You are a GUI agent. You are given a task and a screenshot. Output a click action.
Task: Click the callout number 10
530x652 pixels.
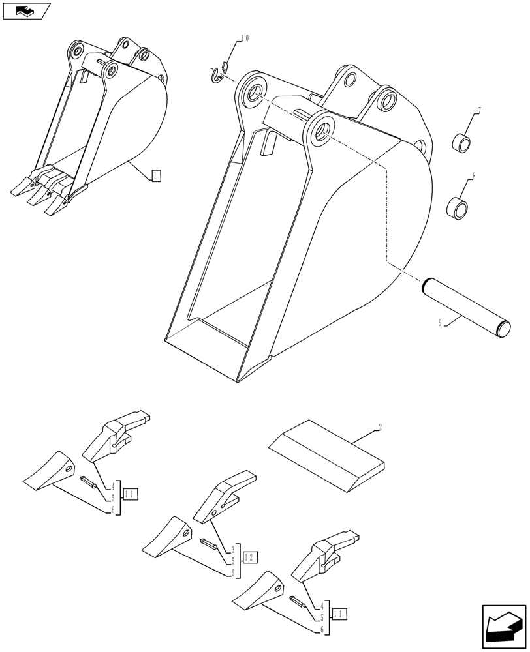tap(244, 39)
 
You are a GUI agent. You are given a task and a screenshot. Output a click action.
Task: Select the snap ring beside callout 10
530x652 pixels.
tap(219, 74)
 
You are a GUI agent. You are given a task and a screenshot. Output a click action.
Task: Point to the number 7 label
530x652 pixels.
tap(479, 110)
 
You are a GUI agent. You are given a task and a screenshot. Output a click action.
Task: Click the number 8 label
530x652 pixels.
tap(473, 176)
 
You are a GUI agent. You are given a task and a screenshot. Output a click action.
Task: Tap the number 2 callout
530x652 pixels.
tap(380, 428)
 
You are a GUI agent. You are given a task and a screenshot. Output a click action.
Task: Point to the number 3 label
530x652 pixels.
tap(232, 550)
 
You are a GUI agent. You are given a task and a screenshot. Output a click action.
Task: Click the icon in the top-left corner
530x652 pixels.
tap(26, 10)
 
